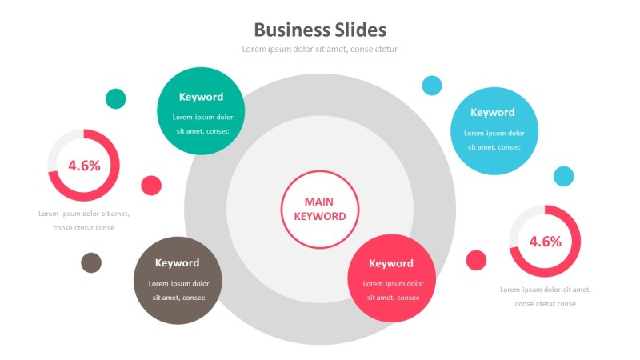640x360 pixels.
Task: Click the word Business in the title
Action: click(290, 30)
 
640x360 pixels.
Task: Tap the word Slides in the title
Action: click(358, 30)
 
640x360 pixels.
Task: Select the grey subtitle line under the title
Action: click(320, 50)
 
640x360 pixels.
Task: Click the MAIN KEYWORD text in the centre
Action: click(320, 210)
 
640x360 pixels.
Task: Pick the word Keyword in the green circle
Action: click(201, 97)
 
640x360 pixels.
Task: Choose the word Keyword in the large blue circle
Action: click(493, 113)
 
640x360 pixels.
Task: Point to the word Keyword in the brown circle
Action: click(177, 263)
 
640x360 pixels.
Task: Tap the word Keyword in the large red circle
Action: click(391, 264)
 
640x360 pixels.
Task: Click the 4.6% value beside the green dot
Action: click(84, 166)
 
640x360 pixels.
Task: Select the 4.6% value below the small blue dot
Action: click(545, 241)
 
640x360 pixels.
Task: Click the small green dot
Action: click(116, 98)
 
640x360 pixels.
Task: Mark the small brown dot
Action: click(91, 262)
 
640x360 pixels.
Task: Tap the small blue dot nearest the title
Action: click(432, 85)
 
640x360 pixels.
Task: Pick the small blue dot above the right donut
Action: click(564, 176)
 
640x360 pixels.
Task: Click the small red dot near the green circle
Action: click(151, 186)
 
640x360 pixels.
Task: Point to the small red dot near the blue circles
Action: click(476, 260)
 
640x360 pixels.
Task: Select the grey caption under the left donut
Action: click(84, 221)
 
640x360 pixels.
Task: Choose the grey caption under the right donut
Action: click(545, 297)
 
